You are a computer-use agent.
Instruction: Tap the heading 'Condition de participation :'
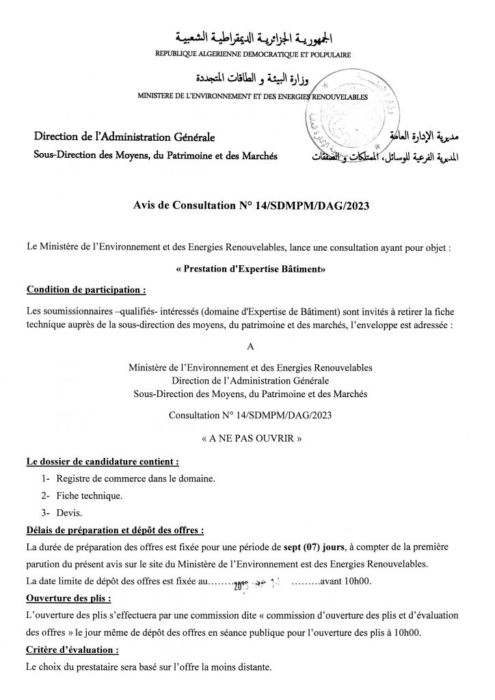tap(85, 289)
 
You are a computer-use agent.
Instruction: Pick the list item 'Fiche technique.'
tap(90, 495)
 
